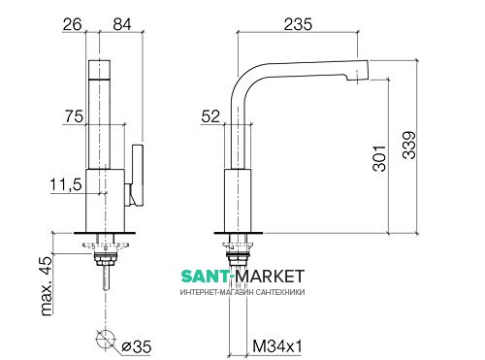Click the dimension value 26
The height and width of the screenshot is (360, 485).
click(x=73, y=24)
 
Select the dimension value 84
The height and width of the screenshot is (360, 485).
click(x=122, y=24)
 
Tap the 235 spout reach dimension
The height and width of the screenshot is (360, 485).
click(x=298, y=24)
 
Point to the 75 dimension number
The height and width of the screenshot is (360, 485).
click(x=74, y=116)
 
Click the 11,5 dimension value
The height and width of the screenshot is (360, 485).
click(x=66, y=185)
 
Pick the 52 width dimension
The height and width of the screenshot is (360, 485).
click(x=210, y=116)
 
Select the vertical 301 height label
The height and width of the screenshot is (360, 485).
click(x=379, y=158)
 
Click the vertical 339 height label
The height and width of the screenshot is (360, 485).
click(x=409, y=146)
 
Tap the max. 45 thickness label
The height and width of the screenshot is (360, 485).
click(x=47, y=286)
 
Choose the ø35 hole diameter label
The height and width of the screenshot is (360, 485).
click(x=136, y=347)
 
